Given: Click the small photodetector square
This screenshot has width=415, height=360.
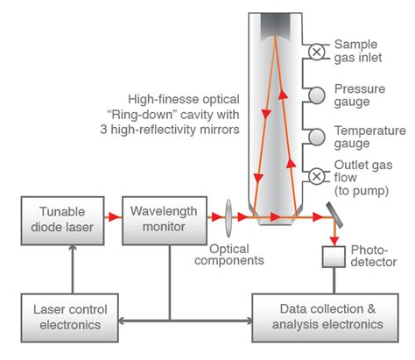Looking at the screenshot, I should tap(334, 257).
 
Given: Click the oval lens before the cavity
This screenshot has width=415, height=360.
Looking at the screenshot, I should tap(228, 215).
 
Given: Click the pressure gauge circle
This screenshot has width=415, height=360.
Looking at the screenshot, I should tap(317, 94).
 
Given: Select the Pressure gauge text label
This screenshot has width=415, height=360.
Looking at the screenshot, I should tap(362, 94).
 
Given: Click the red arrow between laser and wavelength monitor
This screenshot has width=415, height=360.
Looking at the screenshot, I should tap(113, 215).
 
